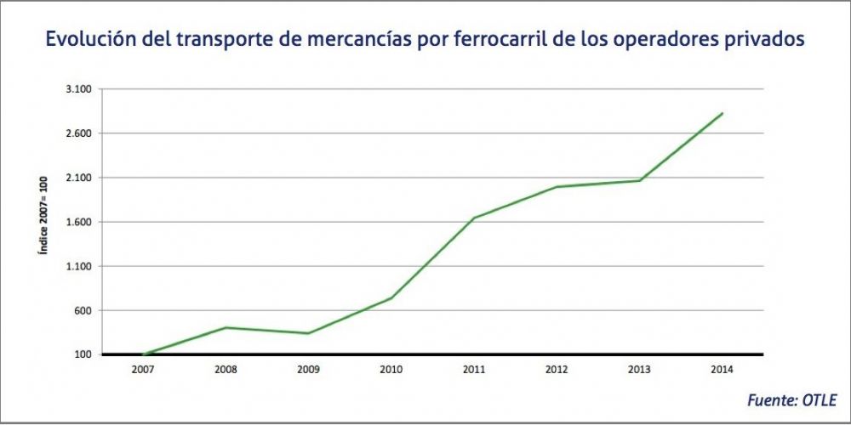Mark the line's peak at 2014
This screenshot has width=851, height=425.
722,113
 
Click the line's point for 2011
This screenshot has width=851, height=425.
473,218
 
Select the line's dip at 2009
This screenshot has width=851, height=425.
307,333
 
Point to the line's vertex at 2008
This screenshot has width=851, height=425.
225,327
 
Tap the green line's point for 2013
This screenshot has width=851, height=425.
639,180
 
